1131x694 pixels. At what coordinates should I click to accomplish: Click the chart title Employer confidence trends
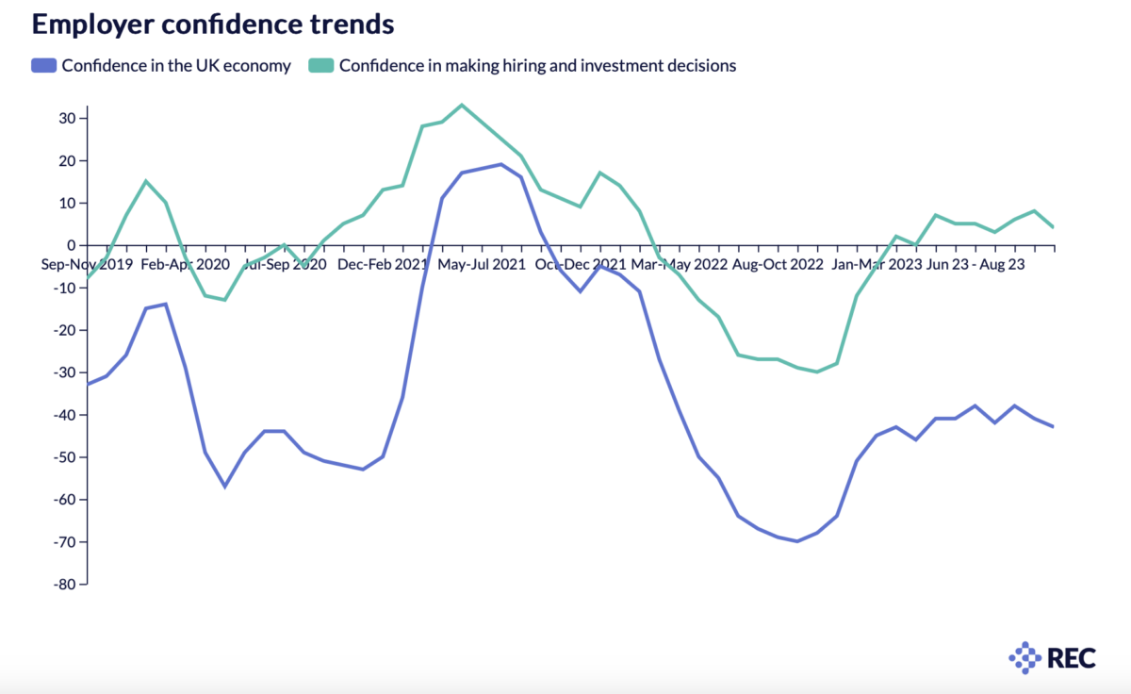(x=212, y=25)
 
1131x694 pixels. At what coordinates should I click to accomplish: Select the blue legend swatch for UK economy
(x=43, y=66)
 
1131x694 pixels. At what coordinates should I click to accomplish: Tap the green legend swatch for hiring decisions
(x=321, y=66)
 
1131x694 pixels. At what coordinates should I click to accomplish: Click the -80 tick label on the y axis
(x=62, y=585)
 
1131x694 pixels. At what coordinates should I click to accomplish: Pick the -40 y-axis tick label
(x=62, y=415)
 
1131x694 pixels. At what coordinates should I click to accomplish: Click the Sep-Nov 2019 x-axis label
(x=86, y=264)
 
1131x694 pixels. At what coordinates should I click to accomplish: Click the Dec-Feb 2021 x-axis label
(x=383, y=264)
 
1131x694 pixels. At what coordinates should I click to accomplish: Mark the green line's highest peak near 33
(x=461, y=105)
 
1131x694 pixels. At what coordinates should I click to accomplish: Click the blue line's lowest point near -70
(x=797, y=541)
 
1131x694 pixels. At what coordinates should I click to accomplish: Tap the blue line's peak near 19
(x=500, y=164)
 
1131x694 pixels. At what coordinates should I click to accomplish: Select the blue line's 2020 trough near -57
(x=224, y=487)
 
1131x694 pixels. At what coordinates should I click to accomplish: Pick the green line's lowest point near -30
(x=816, y=372)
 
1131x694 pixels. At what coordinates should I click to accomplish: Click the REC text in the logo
(x=1072, y=657)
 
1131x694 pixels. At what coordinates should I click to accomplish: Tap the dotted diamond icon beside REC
(x=1024, y=657)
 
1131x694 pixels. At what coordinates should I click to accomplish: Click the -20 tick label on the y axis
(x=62, y=330)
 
